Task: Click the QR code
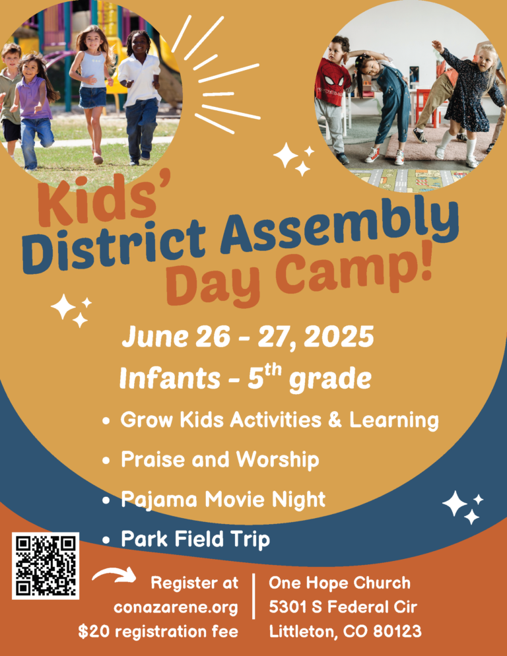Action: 45,566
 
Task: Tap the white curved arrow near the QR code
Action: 114,574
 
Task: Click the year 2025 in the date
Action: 339,337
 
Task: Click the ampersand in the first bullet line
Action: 335,420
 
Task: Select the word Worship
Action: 277,460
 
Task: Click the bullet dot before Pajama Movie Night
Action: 106,500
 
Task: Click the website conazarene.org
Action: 176,607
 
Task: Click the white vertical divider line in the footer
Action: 253,596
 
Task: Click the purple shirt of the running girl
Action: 34,98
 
